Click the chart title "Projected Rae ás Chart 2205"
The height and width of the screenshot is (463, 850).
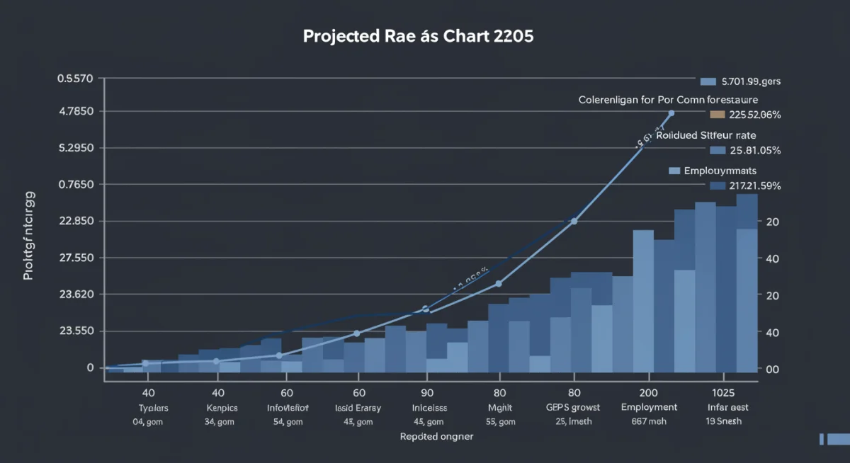click(418, 36)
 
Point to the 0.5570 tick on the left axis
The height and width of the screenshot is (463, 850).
click(75, 79)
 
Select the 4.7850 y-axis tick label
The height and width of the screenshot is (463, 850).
click(75, 112)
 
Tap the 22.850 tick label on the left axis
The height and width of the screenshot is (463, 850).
click(75, 222)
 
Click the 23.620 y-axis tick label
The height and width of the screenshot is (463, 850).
click(75, 295)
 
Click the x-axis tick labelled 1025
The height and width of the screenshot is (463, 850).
click(723, 392)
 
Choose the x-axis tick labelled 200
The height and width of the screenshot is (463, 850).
click(649, 392)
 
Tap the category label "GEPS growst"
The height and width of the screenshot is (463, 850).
click(573, 408)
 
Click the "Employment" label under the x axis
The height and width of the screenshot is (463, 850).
click(649, 407)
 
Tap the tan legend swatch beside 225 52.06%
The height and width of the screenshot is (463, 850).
click(717, 114)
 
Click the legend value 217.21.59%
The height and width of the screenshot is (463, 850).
click(754, 186)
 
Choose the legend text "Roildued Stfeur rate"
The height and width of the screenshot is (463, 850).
click(706, 135)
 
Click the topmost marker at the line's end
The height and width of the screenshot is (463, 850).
click(671, 113)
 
